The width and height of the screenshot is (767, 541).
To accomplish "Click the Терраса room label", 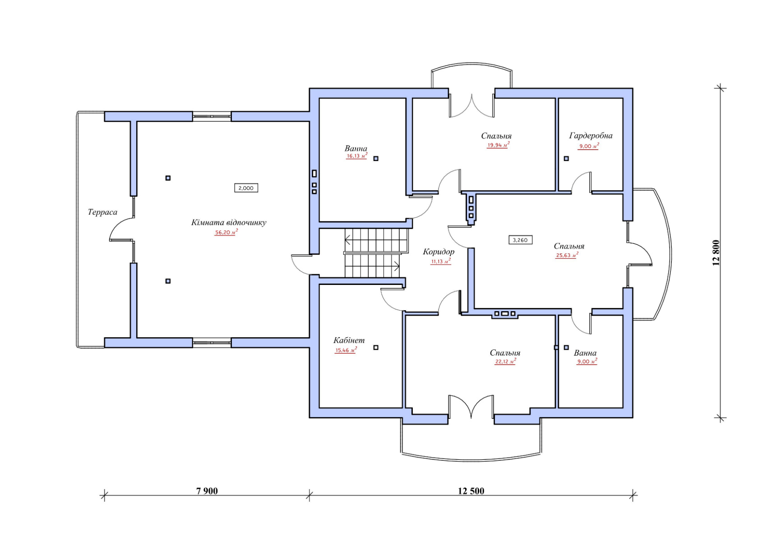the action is coord(102,212).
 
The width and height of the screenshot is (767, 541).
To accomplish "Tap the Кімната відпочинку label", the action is coord(229,223).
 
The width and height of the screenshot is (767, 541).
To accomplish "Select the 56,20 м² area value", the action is coord(226,232).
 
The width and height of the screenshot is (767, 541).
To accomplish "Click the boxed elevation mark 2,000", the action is coord(246,188).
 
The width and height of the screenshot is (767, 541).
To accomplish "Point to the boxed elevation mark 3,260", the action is coord(521,240).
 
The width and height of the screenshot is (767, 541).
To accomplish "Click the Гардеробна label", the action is coord(591,136).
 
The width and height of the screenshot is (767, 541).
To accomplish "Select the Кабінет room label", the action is coord(349,340).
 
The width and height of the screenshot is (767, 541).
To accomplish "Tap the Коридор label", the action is coord(439,252).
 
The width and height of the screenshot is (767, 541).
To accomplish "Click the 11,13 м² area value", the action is coord(441,261).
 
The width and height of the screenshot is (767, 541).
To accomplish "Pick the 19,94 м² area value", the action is coord(498,145).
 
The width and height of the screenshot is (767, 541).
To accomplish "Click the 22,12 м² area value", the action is coord(505,362).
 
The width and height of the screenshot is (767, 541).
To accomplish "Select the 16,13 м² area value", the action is coord(357,156).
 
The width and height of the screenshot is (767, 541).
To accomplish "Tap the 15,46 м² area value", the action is coord(346,350).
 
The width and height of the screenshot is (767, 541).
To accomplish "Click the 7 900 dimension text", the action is coord(207,491).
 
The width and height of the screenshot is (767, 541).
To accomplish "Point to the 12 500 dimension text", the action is coord(471,491).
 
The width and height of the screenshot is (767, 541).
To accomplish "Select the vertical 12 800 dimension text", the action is coord(716,253).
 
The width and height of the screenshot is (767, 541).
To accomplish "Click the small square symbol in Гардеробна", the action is coord(566,158).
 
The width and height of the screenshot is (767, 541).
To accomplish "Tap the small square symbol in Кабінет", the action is coord(376,347).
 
